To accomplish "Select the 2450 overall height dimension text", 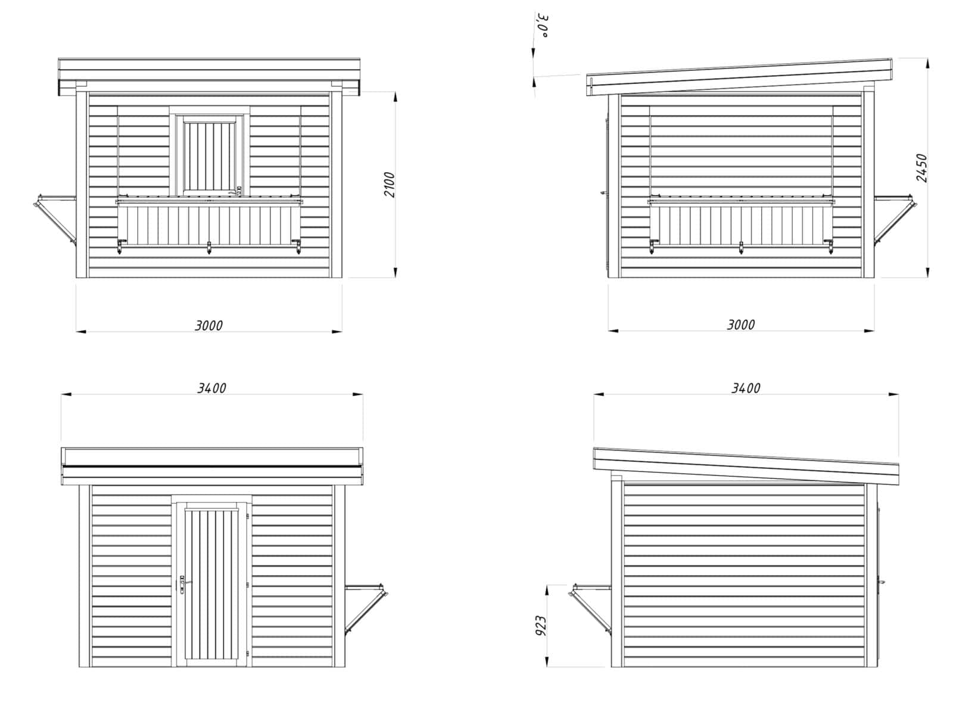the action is click(921, 168).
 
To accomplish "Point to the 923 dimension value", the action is click(541, 626).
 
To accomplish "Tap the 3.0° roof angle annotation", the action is click(544, 26).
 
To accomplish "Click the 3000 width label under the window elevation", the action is click(208, 325).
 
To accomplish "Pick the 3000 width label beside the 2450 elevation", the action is click(741, 325).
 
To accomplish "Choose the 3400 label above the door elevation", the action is click(211, 388).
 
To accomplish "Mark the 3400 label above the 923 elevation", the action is click(746, 388).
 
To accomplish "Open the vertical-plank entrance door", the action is click(213, 584).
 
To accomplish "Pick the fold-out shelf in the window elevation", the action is click(55, 220).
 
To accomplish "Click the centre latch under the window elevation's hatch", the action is click(209, 247).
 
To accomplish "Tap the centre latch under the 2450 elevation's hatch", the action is click(741, 247).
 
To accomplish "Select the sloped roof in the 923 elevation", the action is click(746, 465).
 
